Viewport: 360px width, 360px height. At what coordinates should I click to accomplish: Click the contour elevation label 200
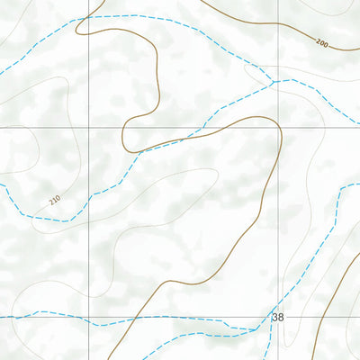(x=322, y=42)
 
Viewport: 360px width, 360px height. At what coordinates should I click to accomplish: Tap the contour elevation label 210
(x=56, y=200)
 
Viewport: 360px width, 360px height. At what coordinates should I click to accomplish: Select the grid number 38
(x=277, y=317)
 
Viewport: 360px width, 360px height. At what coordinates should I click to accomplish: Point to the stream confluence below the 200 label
(x=273, y=82)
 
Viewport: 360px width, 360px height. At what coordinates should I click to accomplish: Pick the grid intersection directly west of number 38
(x=88, y=317)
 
